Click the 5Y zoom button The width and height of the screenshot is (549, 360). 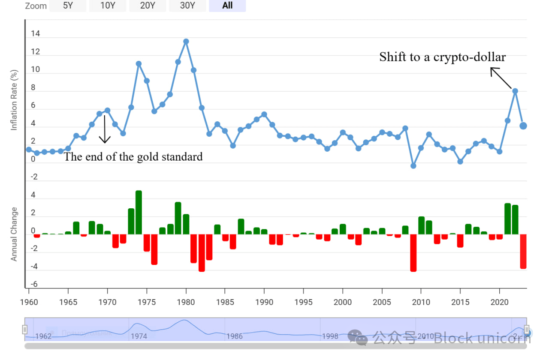[68, 6]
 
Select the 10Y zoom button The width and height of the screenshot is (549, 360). [108, 6]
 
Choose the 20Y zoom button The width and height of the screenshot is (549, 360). [148, 6]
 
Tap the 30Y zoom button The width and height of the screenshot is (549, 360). [187, 6]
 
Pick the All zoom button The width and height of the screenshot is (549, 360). [227, 6]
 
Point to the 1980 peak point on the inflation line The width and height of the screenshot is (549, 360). [186, 42]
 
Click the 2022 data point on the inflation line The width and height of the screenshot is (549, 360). [515, 91]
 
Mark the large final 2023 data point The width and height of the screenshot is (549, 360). [523, 126]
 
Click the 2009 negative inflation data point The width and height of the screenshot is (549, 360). [413, 166]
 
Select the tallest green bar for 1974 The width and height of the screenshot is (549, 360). [139, 212]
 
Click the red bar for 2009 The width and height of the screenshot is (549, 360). [413, 253]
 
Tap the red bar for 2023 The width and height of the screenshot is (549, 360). [523, 251]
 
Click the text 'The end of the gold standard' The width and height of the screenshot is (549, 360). [133, 157]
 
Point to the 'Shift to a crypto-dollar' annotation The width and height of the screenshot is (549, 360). [442, 57]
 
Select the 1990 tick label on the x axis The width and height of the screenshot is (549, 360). [264, 302]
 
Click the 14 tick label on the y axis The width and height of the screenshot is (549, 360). [36, 34]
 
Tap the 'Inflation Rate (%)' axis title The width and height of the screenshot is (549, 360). [14, 101]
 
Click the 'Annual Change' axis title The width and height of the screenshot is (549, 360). [14, 234]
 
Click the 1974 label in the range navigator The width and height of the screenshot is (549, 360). [139, 336]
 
